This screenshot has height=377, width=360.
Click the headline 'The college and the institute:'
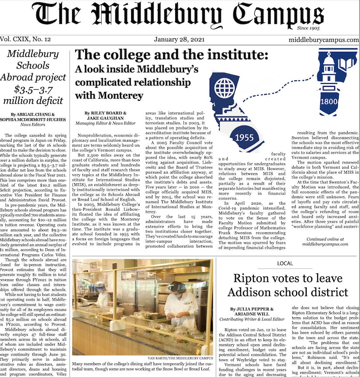[x=171, y=55]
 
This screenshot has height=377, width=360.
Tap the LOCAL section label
[x=285, y=263]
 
